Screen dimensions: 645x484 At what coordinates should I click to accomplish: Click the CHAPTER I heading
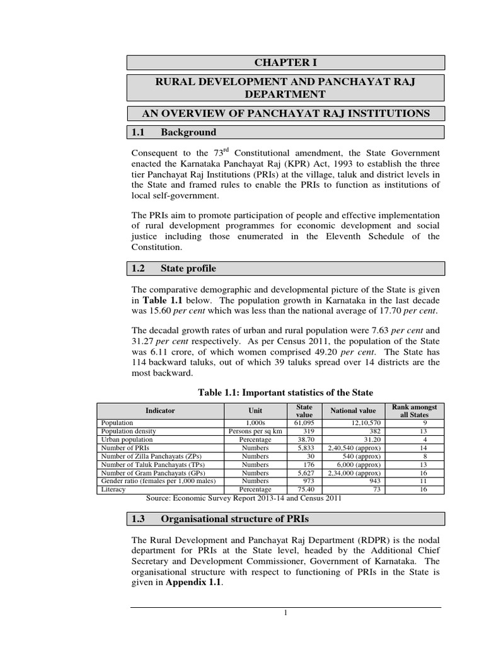[285, 62]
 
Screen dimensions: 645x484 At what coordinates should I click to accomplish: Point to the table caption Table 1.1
[286, 393]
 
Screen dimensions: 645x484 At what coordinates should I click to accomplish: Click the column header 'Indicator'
[160, 410]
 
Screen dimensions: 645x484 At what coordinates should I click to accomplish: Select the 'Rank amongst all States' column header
[414, 410]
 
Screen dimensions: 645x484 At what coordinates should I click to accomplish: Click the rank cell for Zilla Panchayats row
[414, 456]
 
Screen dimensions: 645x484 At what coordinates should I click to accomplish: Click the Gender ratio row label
[158, 481]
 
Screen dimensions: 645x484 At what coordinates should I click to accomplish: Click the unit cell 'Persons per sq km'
[250, 431]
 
